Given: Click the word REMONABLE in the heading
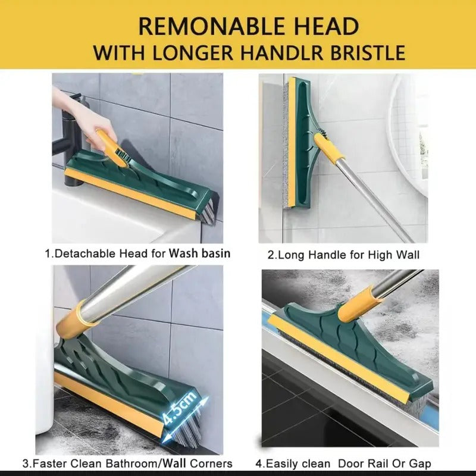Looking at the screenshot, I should (x=201, y=26).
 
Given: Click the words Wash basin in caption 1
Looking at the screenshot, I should (x=200, y=253).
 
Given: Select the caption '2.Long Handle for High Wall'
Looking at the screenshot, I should (x=343, y=255).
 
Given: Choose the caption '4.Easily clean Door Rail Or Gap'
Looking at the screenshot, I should (x=343, y=464).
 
